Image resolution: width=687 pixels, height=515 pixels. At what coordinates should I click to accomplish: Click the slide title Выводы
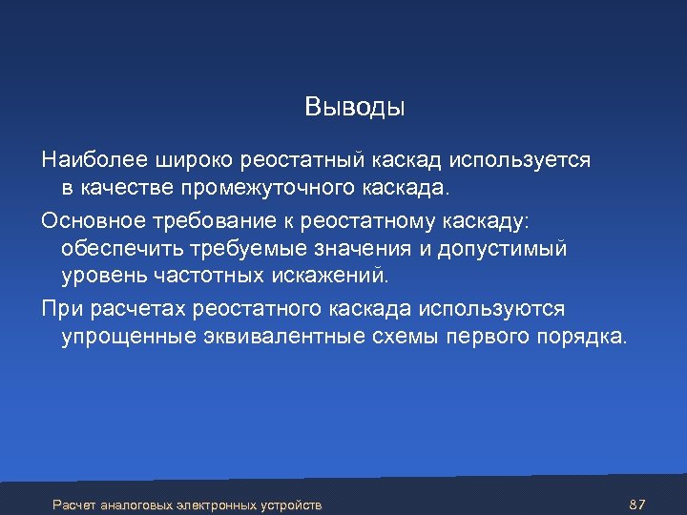[355, 107]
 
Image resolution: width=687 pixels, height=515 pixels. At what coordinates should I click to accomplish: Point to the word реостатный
[297, 159]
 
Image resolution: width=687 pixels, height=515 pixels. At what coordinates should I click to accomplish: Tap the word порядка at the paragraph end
[581, 339]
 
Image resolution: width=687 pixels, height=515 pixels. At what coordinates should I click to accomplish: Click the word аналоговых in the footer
[134, 504]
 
